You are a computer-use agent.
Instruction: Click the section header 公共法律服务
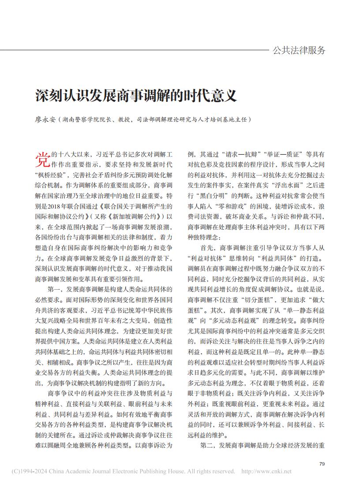point(299,50)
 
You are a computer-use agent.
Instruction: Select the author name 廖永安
point(45,119)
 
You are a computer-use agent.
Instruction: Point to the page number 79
point(322,463)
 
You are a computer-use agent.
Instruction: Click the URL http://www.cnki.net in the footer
point(266,471)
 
